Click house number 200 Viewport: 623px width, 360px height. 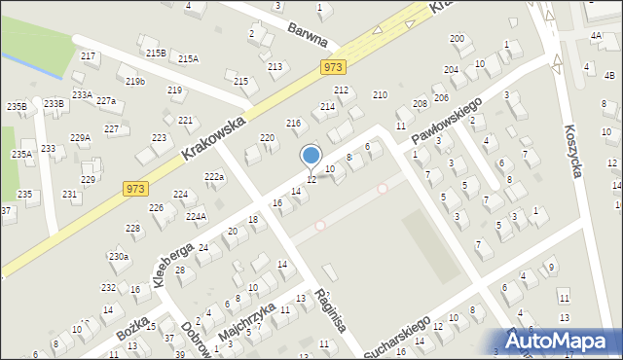coord(457,39)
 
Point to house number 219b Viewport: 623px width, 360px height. coord(135,81)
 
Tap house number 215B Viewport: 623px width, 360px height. coord(156,53)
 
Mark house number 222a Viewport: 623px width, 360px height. coord(214,176)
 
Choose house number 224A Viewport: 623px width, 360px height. coord(196,217)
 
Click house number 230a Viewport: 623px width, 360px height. coord(119,256)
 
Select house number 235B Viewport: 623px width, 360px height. coord(17,106)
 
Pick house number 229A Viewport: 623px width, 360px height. coord(80,138)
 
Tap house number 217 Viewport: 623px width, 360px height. coord(89,56)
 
